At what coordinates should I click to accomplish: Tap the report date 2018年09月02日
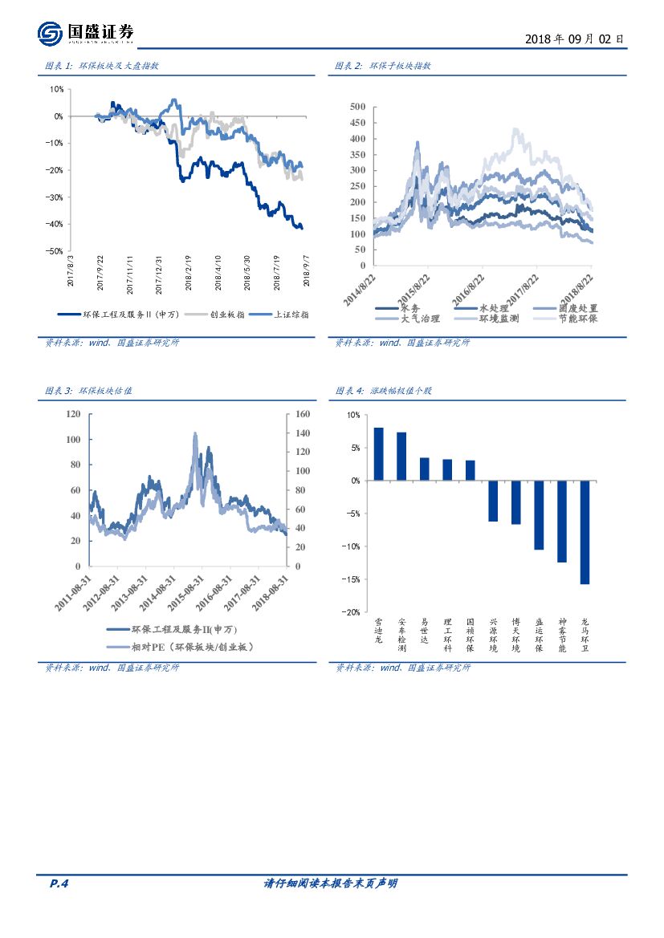[x=573, y=39]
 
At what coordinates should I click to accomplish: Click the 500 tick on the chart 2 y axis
[x=357, y=107]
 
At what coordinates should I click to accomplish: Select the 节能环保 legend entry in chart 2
[x=572, y=319]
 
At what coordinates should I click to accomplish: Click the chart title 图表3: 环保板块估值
[x=89, y=391]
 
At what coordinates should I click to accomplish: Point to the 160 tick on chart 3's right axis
[x=303, y=415]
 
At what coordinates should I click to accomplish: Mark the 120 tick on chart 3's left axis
[x=73, y=415]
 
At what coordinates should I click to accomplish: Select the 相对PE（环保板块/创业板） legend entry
[x=178, y=647]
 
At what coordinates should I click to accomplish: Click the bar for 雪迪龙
[x=379, y=454]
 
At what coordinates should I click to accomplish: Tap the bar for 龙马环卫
[x=585, y=532]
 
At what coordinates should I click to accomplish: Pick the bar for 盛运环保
[x=539, y=515]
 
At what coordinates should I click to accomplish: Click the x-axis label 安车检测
[x=401, y=634]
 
